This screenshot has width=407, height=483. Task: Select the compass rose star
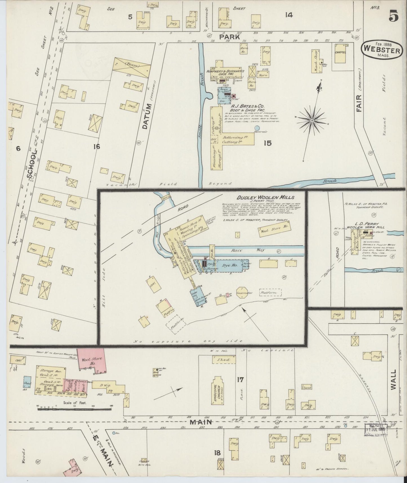[312, 121]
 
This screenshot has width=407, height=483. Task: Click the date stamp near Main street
[376, 429]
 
